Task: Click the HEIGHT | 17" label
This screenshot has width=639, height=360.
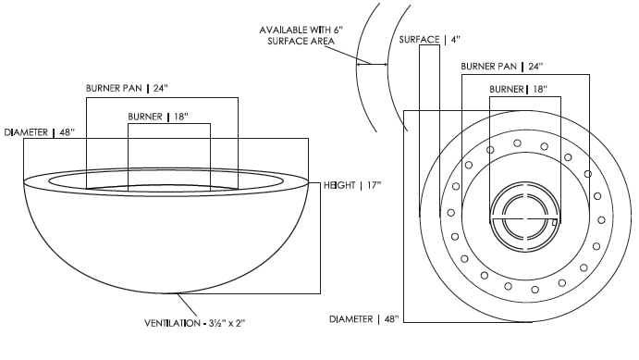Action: coord(352,185)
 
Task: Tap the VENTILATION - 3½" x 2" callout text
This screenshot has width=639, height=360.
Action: coord(195,323)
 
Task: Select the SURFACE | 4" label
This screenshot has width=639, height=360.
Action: coord(429,40)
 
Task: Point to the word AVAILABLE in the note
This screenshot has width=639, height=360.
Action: coord(283,30)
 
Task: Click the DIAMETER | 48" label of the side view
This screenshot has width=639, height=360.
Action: coord(40,132)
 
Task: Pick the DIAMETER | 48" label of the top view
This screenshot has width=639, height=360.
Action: coord(364,319)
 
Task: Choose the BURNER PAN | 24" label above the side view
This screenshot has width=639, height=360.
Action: coord(127,88)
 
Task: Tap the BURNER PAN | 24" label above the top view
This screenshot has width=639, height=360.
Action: coord(501,66)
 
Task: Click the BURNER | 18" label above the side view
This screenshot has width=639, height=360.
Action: coord(158,117)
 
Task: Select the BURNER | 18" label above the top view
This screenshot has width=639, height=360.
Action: coord(519,89)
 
